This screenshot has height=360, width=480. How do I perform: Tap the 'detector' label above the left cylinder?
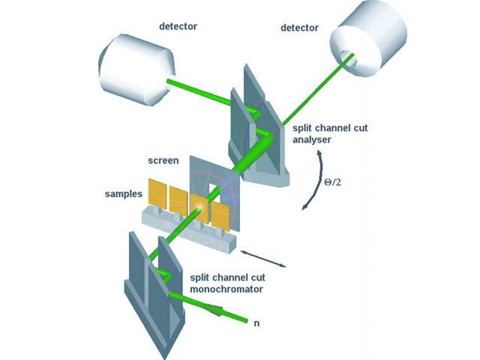tap(178, 27)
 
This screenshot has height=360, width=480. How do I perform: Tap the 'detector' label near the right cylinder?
tap(300, 28)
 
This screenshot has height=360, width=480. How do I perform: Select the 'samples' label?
tap(122, 194)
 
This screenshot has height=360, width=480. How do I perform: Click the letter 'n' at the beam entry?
tap(256, 325)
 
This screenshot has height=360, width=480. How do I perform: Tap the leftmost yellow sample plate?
tap(157, 193)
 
